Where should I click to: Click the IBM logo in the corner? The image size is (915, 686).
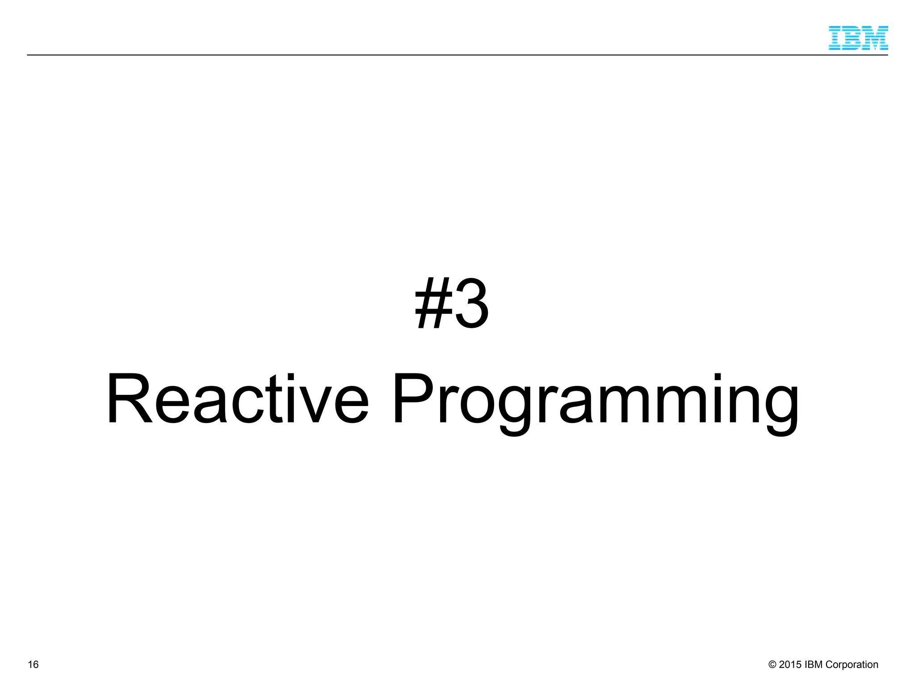pyautogui.click(x=858, y=38)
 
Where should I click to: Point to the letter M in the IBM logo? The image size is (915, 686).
pyautogui.click(x=876, y=38)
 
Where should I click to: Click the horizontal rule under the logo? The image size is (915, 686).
pyautogui.click(x=447, y=55)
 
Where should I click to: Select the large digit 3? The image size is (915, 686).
pyautogui.click(x=472, y=304)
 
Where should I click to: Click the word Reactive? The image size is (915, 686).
pyautogui.click(x=237, y=398)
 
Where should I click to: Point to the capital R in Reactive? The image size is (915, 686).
pyautogui.click(x=129, y=398)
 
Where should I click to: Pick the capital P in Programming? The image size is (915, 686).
pyautogui.click(x=413, y=398)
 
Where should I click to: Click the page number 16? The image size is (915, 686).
pyautogui.click(x=33, y=665)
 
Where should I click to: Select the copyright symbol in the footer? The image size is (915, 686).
pyautogui.click(x=772, y=665)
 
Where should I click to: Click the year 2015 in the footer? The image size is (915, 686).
pyautogui.click(x=790, y=665)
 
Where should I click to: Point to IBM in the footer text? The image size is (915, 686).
pyautogui.click(x=813, y=665)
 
